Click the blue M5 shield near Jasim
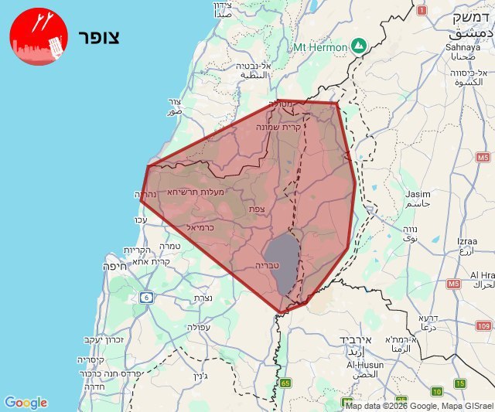pos(483,158)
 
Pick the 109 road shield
pos(483,327)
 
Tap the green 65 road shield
pos(285,383)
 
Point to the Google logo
pos(26,403)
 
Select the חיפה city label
pos(113,266)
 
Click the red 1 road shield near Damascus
pos(422,11)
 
